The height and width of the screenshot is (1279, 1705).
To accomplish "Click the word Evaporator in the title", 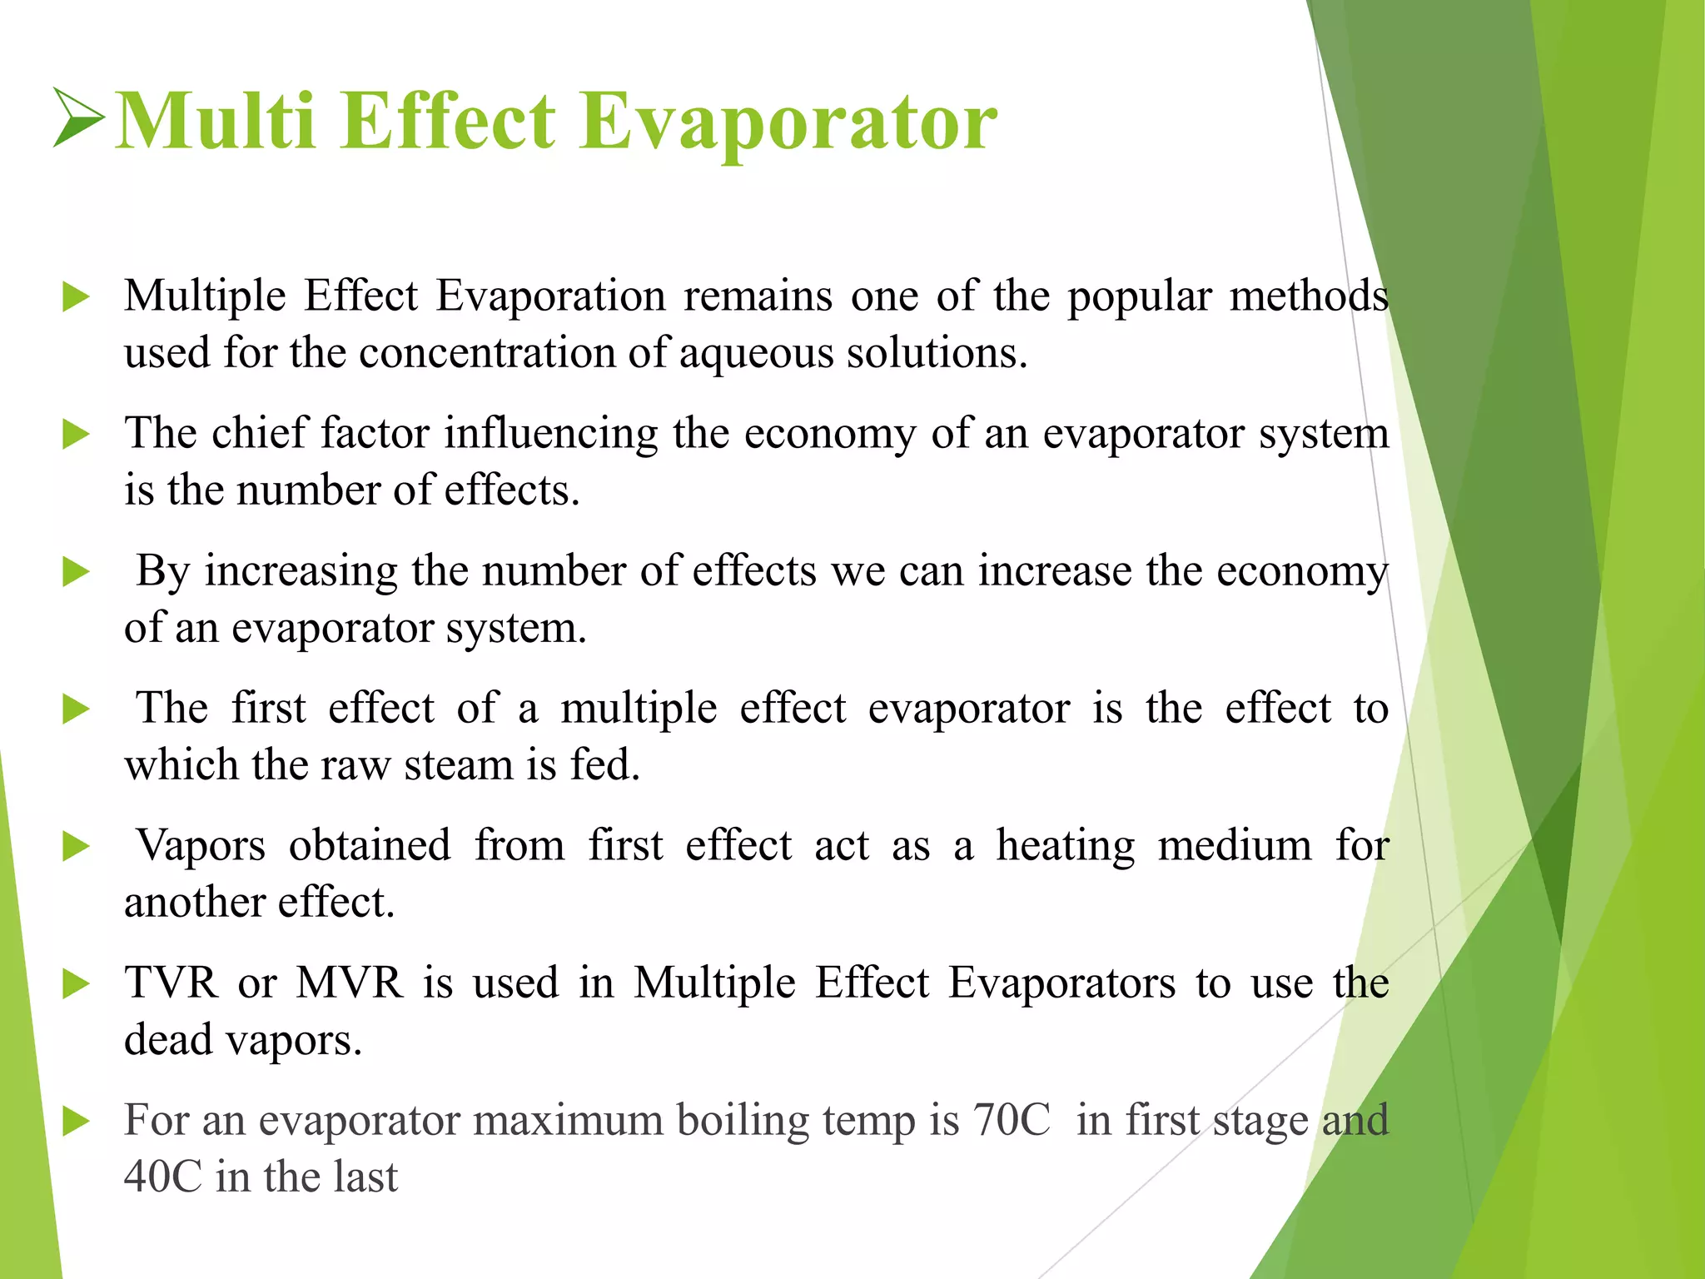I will pyautogui.click(x=788, y=122).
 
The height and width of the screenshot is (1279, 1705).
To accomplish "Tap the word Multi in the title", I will pyautogui.click(x=215, y=122).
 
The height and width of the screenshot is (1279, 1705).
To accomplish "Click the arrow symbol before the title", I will pyautogui.click(x=78, y=117).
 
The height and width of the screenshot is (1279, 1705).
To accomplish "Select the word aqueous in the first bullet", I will pyautogui.click(x=755, y=354).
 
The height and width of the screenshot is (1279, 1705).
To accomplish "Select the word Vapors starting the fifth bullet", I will pyautogui.click(x=201, y=847).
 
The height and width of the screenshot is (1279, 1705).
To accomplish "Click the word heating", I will pyautogui.click(x=1065, y=847).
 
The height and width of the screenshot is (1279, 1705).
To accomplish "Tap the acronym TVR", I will pyautogui.click(x=171, y=983).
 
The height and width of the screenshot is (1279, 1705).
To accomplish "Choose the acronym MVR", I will pyautogui.click(x=350, y=983).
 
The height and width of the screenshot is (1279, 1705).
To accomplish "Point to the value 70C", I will pyautogui.click(x=1012, y=1121).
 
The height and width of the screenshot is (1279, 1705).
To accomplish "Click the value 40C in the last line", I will pyautogui.click(x=162, y=1177).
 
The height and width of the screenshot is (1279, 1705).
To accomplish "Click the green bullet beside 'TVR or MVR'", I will pyautogui.click(x=76, y=984).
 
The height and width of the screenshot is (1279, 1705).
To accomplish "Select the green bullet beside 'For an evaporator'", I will pyautogui.click(x=76, y=1122).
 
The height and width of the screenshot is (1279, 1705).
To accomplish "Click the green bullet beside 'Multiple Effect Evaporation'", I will pyautogui.click(x=76, y=297).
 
